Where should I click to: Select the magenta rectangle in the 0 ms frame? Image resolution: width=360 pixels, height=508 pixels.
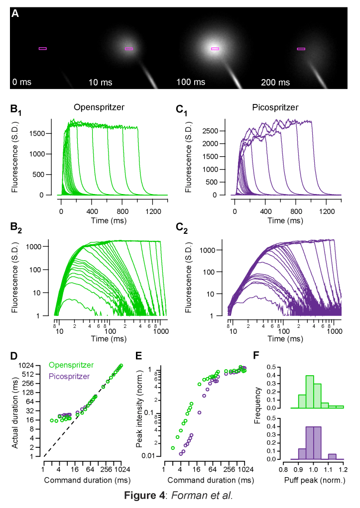point(43,48)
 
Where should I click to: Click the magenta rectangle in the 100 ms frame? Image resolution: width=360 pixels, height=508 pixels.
point(215,49)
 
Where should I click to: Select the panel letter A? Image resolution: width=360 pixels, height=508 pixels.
point(15,14)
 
